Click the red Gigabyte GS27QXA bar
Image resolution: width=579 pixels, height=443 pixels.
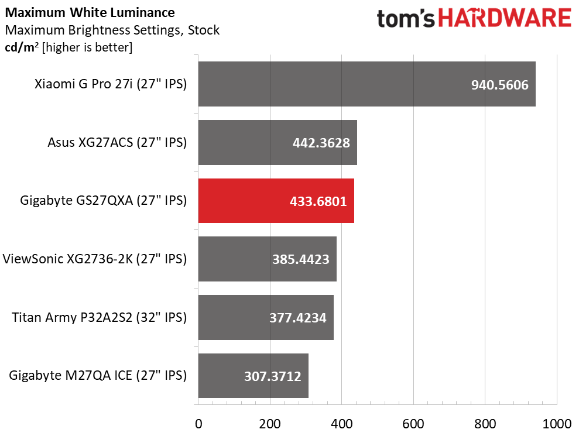point(276,201)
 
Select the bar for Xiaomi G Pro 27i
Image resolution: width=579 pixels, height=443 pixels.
point(367,84)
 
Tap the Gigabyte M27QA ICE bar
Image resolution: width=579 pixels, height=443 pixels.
point(253,376)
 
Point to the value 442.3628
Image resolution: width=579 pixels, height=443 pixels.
point(321,143)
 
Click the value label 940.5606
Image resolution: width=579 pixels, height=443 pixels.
point(500,85)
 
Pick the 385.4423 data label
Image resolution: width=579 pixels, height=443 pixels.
point(300,259)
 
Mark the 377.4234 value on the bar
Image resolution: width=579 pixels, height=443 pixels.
point(298,318)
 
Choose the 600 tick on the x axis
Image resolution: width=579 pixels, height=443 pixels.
point(413,424)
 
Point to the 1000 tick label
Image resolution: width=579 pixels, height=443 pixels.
point(557,424)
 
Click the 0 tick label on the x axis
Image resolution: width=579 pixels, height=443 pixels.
point(198,424)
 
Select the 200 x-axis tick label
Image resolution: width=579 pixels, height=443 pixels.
point(270,424)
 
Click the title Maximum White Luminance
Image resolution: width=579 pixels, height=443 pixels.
point(90,12)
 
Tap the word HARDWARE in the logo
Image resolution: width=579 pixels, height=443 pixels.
point(505,19)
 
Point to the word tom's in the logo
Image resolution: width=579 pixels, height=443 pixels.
point(406,19)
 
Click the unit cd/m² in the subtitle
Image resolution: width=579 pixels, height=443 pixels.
point(22,47)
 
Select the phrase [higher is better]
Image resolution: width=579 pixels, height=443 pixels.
point(87,47)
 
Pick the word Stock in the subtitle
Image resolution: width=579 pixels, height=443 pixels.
point(204,30)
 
